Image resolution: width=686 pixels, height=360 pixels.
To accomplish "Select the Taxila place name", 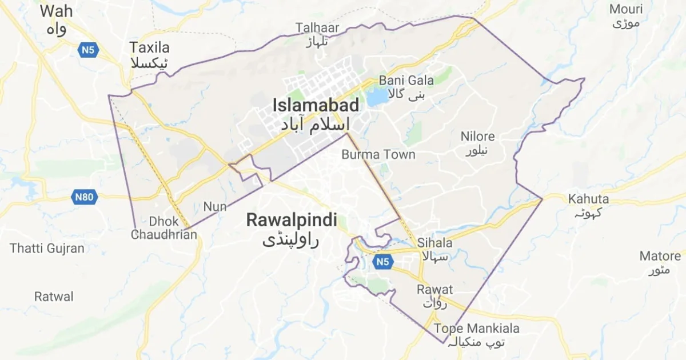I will (150, 48).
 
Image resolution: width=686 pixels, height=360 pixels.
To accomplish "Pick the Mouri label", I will (626, 10).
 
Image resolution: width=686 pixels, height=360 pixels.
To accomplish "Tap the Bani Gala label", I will (406, 81).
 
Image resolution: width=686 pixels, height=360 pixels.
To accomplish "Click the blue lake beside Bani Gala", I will (377, 96).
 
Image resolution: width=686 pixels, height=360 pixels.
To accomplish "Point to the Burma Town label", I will (378, 155).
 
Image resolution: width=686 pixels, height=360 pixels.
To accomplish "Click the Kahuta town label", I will (588, 199).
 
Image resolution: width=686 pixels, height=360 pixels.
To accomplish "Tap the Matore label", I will (660, 256).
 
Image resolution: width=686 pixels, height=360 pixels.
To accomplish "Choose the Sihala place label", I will (434, 243).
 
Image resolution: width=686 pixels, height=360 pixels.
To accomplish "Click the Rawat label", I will (434, 290).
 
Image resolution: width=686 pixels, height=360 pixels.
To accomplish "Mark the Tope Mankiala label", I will (477, 329).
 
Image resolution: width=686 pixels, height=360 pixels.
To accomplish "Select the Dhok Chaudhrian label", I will (164, 227).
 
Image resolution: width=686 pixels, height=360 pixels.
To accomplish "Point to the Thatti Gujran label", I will (47, 249).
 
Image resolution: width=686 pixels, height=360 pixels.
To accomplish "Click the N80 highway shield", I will (85, 198).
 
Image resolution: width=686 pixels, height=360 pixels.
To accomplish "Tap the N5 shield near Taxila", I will (88, 50).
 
